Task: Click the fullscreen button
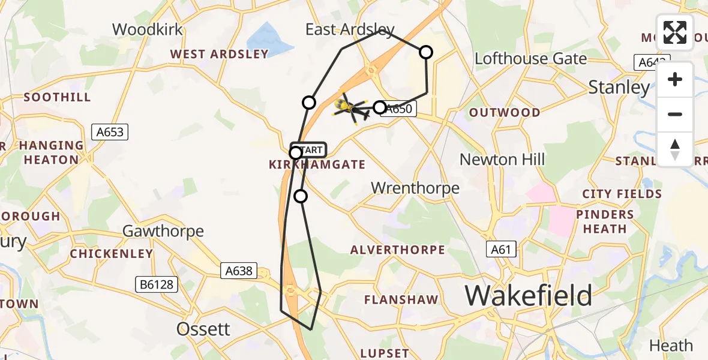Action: [x=675, y=32]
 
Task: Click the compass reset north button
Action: [x=675, y=149]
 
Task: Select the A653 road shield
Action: [x=111, y=131]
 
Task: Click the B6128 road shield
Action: [x=159, y=284]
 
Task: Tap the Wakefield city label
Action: [x=528, y=295]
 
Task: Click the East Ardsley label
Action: [x=350, y=29]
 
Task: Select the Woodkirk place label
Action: [x=147, y=29]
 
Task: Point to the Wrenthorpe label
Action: [x=415, y=188]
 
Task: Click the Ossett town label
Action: [x=203, y=329]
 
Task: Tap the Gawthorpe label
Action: [x=163, y=231]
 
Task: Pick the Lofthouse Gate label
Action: [x=530, y=59]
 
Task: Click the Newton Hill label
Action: [x=502, y=160]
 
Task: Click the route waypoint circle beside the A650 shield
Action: [x=379, y=107]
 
